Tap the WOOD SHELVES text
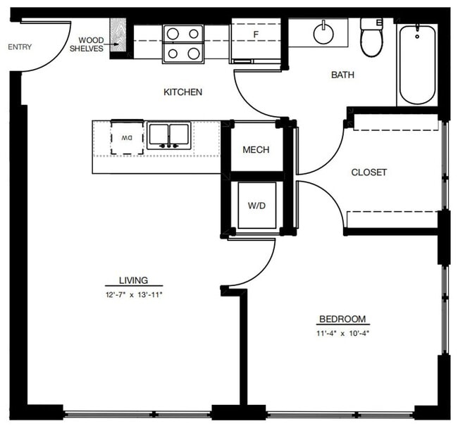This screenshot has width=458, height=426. (x=91, y=44)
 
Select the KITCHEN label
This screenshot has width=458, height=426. (x=183, y=92)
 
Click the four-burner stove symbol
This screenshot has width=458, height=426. (x=182, y=44)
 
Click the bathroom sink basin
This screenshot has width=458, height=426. (x=324, y=33)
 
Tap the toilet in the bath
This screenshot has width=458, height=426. (x=371, y=38)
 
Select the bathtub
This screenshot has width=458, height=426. (x=416, y=64)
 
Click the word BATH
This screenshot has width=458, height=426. (x=342, y=75)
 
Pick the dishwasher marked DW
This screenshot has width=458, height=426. (x=127, y=137)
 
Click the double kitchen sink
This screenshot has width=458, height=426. (x=169, y=135)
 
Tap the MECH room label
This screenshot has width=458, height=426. (x=256, y=150)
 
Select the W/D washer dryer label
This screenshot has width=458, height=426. (x=256, y=206)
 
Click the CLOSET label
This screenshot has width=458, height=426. (x=369, y=173)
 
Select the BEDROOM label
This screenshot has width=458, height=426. (x=342, y=319)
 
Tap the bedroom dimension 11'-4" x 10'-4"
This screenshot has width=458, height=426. (x=343, y=333)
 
